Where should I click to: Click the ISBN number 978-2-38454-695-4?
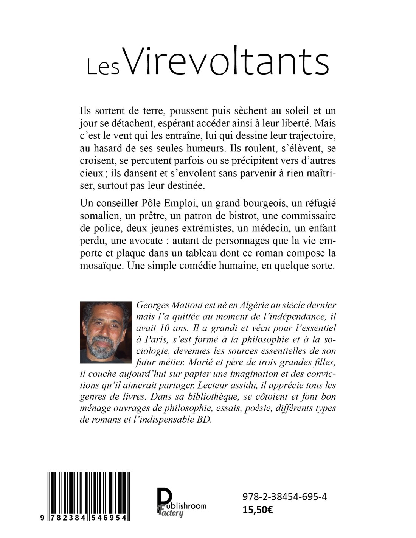(x=285, y=497)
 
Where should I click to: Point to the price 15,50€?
(x=258, y=510)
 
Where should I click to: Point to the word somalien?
(x=99, y=216)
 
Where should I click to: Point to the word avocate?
(x=140, y=241)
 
